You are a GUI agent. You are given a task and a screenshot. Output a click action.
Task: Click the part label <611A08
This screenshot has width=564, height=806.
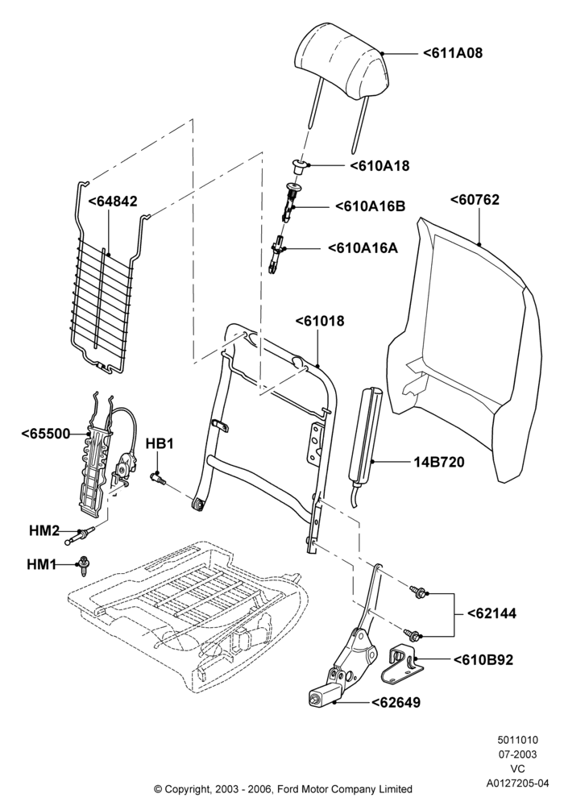tap(453, 52)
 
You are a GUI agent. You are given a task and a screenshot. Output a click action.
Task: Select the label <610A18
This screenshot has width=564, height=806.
tap(379, 165)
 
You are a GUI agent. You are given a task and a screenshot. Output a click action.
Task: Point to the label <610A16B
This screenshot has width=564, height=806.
tap(370, 206)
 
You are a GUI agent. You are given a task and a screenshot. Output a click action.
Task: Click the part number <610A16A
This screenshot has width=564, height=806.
tap(363, 247)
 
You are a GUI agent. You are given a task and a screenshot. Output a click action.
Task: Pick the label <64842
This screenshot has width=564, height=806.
tap(113, 201)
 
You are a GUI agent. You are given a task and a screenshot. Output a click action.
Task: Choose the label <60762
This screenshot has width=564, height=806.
tap(474, 199)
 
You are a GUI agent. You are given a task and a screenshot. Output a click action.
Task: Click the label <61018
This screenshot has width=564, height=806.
tap(320, 321)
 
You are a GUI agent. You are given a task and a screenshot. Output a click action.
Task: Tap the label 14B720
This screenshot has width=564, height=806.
tap(438, 462)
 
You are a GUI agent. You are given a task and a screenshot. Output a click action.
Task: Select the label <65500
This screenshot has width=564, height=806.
tap(46, 434)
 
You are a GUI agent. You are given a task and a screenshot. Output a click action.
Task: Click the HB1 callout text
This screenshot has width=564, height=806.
tap(160, 443)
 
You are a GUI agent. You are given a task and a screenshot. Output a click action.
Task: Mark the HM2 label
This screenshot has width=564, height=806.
tap(44, 530)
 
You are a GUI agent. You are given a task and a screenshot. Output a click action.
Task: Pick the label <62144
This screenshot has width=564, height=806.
tap(491, 613)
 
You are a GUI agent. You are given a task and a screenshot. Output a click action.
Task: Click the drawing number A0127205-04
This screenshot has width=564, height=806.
tap(518, 783)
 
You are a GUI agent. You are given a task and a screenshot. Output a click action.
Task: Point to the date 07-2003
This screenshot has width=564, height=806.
tap(517, 754)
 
